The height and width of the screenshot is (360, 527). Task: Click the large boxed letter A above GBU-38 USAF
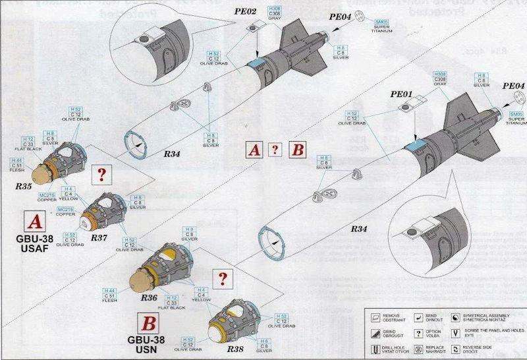tap(34, 220)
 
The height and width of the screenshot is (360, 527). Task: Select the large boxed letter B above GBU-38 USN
tap(150, 323)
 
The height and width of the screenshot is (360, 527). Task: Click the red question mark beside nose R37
tap(101, 175)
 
